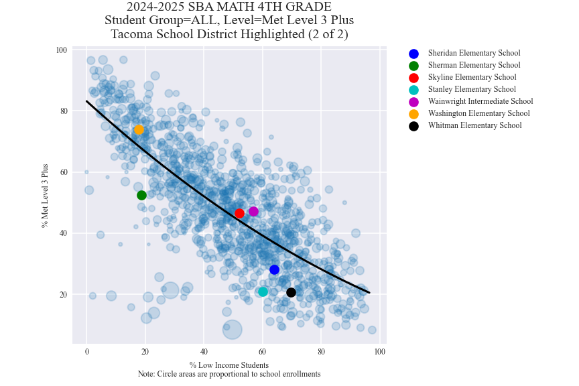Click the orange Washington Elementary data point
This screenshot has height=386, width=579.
(139, 130)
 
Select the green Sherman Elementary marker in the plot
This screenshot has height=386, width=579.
(141, 195)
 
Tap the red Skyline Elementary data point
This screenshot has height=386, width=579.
(239, 213)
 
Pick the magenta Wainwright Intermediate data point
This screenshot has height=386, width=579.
(253, 211)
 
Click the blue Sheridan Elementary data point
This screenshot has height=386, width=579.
(274, 269)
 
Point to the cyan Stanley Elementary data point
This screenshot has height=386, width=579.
(263, 292)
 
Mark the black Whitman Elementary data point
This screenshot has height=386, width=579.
(291, 292)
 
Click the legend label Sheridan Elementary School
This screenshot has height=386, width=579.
(474, 54)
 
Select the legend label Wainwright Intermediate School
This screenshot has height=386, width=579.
(480, 102)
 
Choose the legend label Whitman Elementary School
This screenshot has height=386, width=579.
(474, 126)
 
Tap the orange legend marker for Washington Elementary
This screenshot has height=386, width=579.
(413, 114)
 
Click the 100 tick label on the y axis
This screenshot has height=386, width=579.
(61, 50)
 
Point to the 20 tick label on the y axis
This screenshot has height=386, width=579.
(62, 295)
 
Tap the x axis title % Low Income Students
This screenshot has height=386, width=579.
(229, 365)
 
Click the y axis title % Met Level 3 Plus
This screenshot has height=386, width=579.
(45, 196)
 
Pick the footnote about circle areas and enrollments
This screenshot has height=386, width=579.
(229, 374)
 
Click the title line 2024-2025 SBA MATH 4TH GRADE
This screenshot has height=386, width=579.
(229, 7)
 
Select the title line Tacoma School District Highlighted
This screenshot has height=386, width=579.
(229, 34)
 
